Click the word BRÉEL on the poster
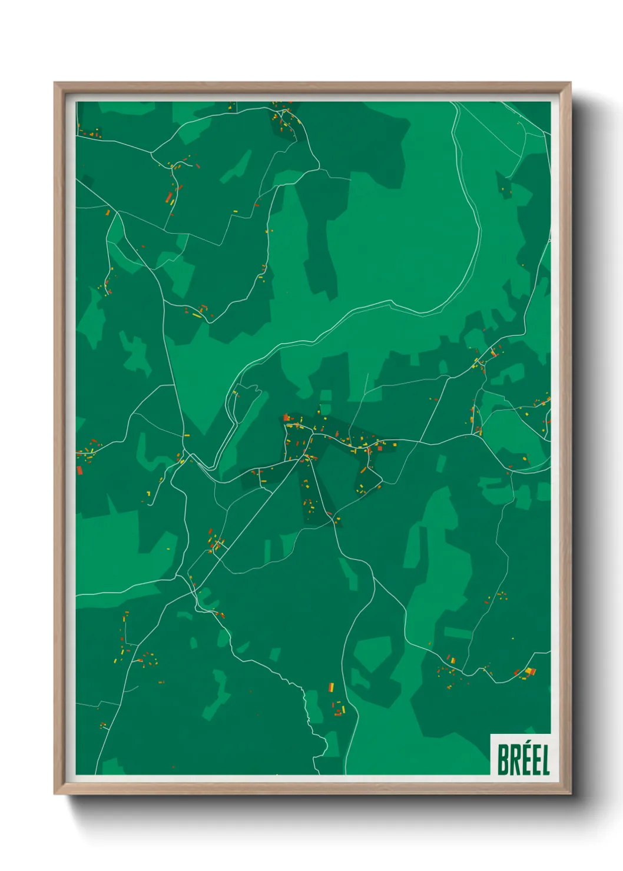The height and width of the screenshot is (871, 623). tap(523, 760)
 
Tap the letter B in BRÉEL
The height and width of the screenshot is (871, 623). tap(503, 760)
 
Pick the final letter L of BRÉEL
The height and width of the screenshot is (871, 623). tap(545, 760)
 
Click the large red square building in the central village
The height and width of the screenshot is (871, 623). tap(379, 448)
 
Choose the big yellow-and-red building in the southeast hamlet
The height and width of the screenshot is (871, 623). tap(529, 671)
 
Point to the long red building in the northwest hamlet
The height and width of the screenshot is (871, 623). tap(168, 196)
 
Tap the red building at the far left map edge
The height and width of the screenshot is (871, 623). tap(79, 470)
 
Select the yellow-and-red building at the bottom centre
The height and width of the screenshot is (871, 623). tap(331, 687)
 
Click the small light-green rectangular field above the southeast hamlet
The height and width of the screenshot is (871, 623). tap(458, 633)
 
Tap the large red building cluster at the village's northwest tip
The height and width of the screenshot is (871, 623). tap(287, 418)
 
